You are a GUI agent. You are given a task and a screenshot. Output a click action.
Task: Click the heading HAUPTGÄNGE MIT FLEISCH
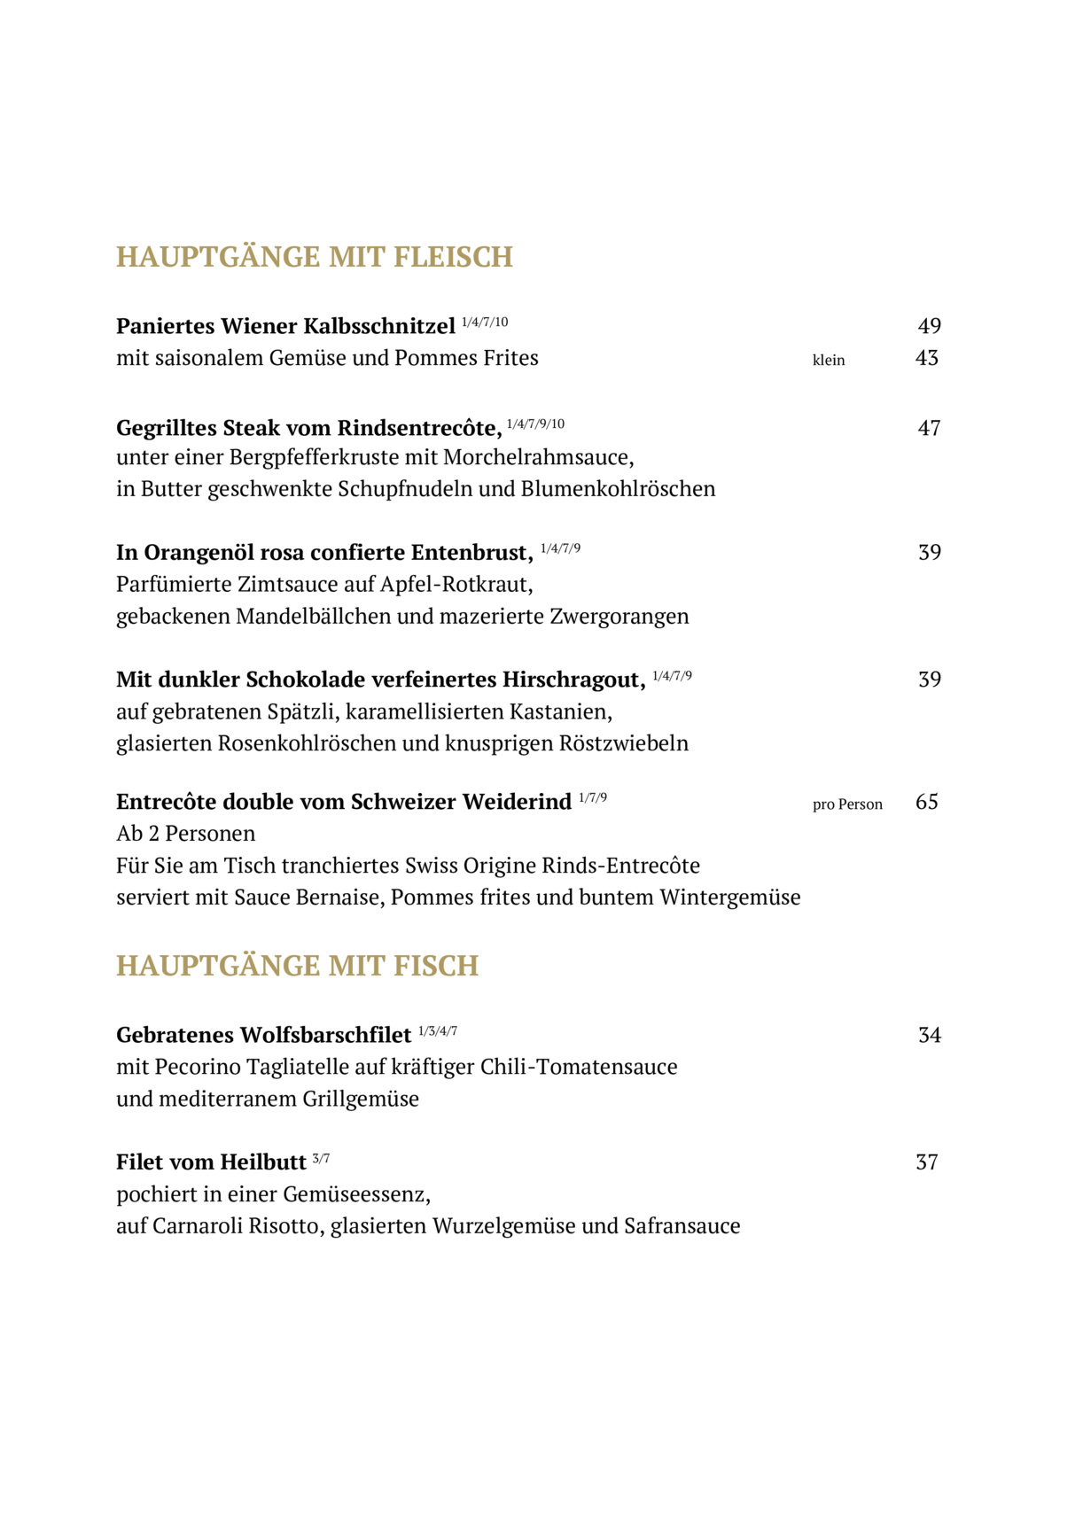pos(315,257)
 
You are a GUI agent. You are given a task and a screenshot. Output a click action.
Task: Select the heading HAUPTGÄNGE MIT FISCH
pos(297,966)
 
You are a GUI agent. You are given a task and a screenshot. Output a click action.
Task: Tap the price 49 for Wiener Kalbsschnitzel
pos(929,327)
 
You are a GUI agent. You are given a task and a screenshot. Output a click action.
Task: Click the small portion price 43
pos(926,359)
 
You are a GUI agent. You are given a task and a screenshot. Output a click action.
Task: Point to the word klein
pos(829,361)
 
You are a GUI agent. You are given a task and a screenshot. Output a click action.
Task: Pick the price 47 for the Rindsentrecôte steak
pos(929,429)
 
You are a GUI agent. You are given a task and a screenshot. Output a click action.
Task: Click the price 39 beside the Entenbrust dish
pos(929,553)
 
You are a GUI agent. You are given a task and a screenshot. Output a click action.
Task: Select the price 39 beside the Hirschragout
pos(929,680)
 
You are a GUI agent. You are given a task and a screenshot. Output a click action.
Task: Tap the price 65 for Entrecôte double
pos(926,803)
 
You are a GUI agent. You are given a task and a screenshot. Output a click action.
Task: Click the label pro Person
pos(847,804)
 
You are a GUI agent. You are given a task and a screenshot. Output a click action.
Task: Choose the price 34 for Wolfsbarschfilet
pos(929,1036)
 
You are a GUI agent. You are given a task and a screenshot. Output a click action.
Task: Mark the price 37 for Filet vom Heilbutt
pos(926,1162)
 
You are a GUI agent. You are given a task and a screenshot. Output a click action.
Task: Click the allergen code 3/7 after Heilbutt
pos(321,1159)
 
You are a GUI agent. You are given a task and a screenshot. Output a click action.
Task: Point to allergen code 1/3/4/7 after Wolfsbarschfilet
pos(438,1031)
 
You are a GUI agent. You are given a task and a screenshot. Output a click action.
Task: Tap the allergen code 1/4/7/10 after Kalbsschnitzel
pos(485,323)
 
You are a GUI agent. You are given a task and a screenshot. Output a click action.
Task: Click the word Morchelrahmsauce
pos(538,458)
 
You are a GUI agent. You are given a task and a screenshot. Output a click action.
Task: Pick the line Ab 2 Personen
pos(186,834)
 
